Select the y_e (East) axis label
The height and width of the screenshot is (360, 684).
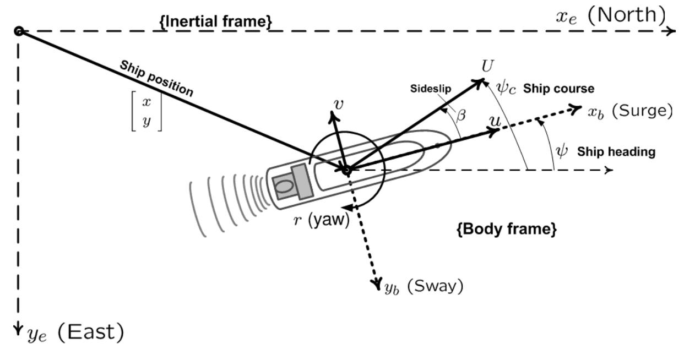[75, 332]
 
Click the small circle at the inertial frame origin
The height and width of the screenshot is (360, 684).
[19, 31]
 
